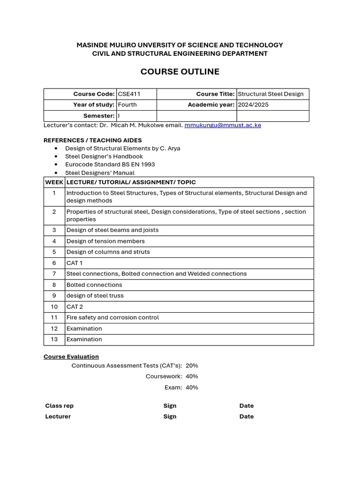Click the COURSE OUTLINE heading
(180, 72)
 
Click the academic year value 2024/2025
(253, 105)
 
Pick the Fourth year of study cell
(127, 105)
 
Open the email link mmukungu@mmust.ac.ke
(223, 125)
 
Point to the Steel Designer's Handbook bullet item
(104, 156)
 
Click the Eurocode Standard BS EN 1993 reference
(110, 165)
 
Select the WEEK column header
(54, 182)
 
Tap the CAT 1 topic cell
(74, 263)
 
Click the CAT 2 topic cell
(74, 307)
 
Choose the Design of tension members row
(105, 241)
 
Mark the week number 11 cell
(54, 317)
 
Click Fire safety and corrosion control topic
(112, 317)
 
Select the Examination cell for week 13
(84, 339)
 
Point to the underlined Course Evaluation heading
(71, 357)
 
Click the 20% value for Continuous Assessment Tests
(192, 366)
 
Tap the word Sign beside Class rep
(170, 406)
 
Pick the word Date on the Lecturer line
(246, 416)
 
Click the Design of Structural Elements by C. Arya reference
(122, 148)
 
